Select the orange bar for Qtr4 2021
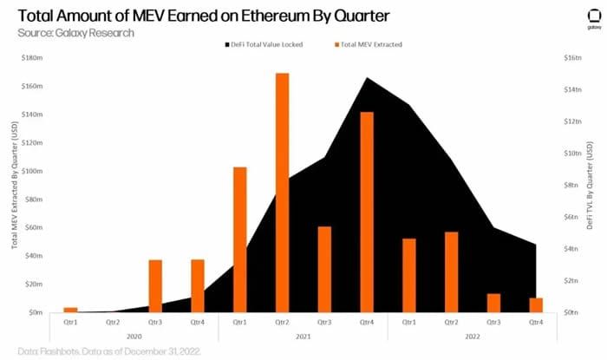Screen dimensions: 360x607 [x=366, y=212]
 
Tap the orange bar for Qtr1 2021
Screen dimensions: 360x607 [x=239, y=239]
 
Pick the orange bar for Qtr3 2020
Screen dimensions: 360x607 [x=155, y=285]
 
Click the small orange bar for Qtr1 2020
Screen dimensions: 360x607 [x=71, y=310]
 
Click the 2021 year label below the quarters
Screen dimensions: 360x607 [x=303, y=336]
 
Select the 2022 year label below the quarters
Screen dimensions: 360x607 [x=472, y=336]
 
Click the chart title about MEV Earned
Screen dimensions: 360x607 [x=192, y=16]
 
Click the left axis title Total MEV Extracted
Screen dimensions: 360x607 [x=15, y=187]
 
